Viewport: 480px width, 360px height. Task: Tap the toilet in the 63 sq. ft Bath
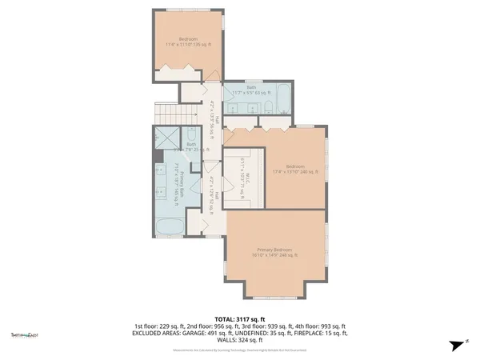(x=270, y=110)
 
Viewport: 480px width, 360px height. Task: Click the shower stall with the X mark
(x=166, y=139)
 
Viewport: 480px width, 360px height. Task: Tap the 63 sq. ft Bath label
(x=250, y=91)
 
